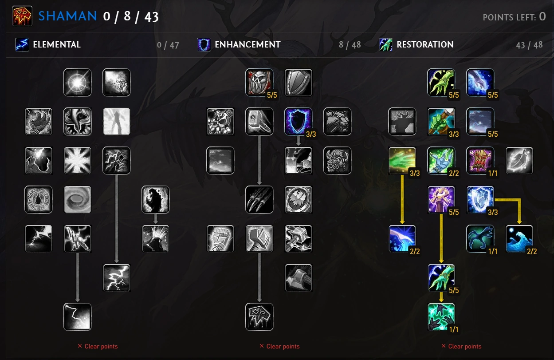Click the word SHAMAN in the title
click(67, 16)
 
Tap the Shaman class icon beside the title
click(22, 16)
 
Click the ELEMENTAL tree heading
click(56, 44)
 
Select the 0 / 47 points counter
click(168, 45)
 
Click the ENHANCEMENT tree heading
click(248, 44)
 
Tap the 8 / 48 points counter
click(350, 45)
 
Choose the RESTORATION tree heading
click(425, 44)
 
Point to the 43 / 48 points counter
click(529, 45)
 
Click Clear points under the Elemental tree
click(98, 346)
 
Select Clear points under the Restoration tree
click(461, 346)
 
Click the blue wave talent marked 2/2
click(519, 239)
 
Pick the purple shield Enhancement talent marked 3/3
click(299, 122)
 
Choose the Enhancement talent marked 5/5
click(259, 83)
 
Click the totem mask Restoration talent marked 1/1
click(480, 161)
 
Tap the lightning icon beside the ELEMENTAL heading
click(22, 44)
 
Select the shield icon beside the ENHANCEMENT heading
click(204, 44)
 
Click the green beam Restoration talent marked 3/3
click(402, 161)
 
